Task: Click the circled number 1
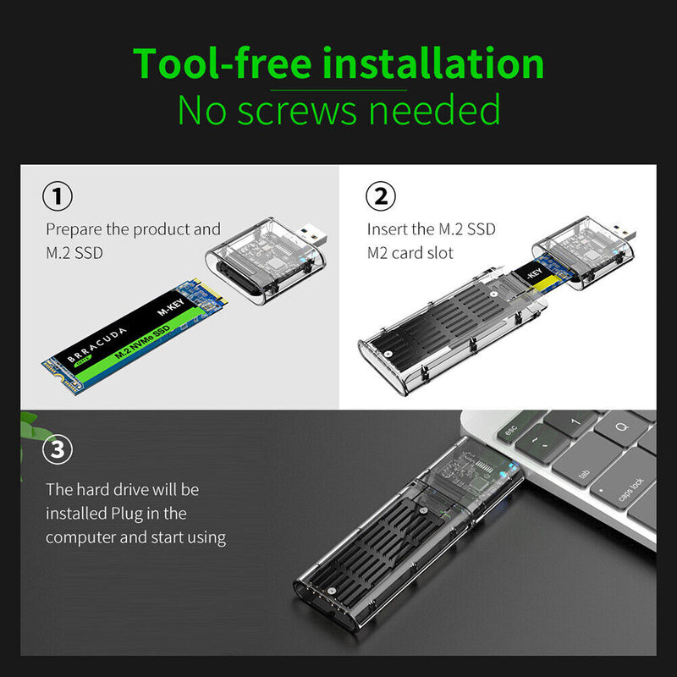[x=57, y=197]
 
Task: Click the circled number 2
[x=380, y=197]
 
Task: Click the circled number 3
[x=57, y=449]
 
